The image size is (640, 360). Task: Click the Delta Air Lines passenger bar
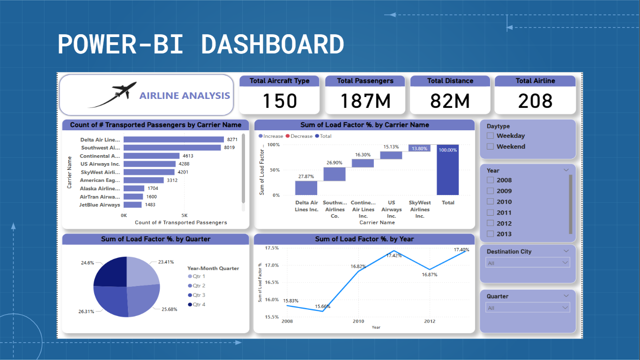[x=173, y=140]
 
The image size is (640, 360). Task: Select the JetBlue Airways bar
[x=133, y=205]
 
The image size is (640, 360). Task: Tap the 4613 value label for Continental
[x=188, y=156]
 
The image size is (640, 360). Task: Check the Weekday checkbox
[x=491, y=136]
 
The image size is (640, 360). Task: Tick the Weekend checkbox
[x=491, y=147]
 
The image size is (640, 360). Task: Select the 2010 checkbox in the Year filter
[x=491, y=202]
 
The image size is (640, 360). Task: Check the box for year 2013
[x=491, y=234]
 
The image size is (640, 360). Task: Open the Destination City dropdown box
[x=528, y=263]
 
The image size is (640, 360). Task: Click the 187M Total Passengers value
[x=365, y=101]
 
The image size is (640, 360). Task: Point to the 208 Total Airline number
[x=535, y=101]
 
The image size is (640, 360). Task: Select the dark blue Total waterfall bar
[x=447, y=170]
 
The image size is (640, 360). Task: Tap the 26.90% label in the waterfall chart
[x=335, y=163]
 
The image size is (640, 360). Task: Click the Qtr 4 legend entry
[x=197, y=305]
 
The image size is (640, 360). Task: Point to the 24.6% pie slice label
[x=88, y=263]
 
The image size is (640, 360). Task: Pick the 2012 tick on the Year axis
[x=430, y=322]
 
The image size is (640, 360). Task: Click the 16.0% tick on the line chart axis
[x=272, y=300]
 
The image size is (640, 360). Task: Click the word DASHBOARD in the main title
[x=272, y=45]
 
